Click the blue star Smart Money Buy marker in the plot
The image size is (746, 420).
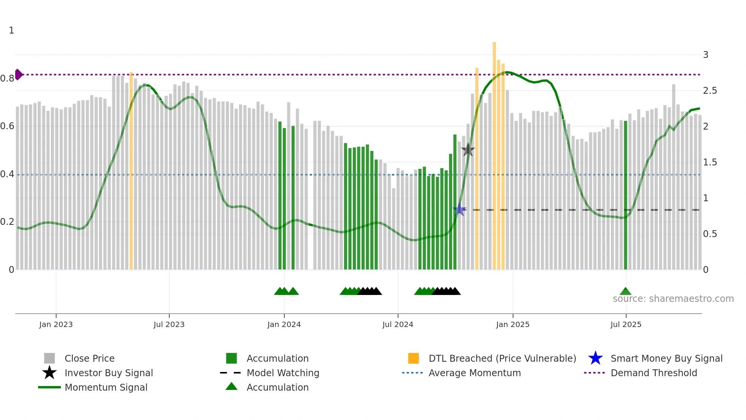point(459,210)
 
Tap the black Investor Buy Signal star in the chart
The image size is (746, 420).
point(468,150)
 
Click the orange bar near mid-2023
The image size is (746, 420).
point(131,172)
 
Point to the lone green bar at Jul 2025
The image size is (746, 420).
point(625,194)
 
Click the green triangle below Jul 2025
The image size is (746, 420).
point(625,292)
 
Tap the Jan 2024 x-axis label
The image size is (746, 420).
point(284,324)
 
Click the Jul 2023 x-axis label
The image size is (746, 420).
point(169,324)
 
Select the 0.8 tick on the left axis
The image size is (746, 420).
point(7,79)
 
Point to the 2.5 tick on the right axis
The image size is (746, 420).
point(710,91)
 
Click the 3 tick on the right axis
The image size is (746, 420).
point(706,55)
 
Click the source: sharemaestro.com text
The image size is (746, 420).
point(673,299)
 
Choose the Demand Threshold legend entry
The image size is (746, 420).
point(654,373)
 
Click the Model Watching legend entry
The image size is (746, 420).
point(282,373)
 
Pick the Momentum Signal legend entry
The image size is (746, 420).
point(106,387)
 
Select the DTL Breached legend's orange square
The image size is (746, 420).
point(413,358)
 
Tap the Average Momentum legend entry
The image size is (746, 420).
point(474,373)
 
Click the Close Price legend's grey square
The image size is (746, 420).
point(49,358)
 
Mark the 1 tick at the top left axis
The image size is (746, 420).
point(11,30)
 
